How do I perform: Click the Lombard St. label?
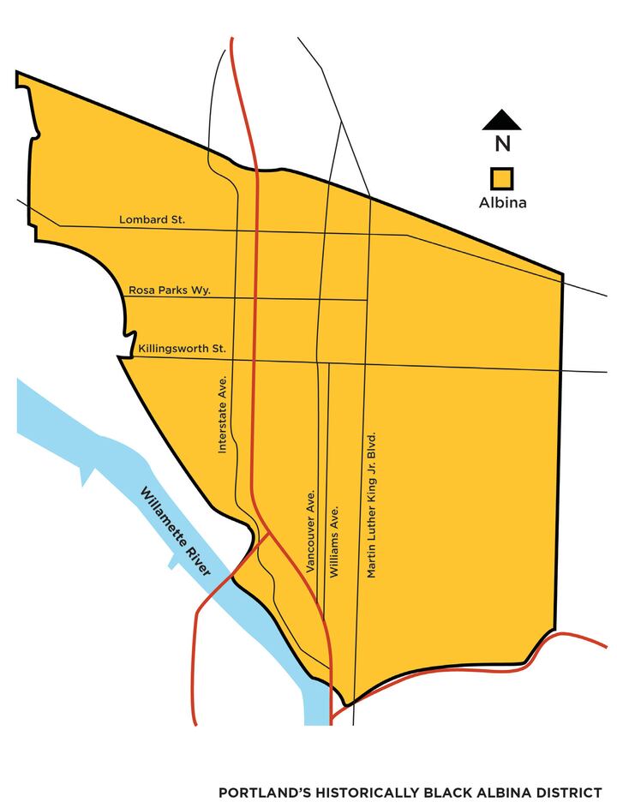pyautogui.click(x=152, y=220)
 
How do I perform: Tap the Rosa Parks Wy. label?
pyautogui.click(x=169, y=290)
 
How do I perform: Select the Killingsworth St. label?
pyautogui.click(x=181, y=350)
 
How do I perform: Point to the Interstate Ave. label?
pyautogui.click(x=223, y=415)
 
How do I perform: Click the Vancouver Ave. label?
pyautogui.click(x=311, y=532)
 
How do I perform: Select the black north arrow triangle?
pyautogui.click(x=502, y=121)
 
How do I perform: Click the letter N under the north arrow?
pyautogui.click(x=502, y=145)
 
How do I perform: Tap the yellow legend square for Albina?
pyautogui.click(x=501, y=178)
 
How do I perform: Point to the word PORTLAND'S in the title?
pyautogui.click(x=258, y=793)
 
